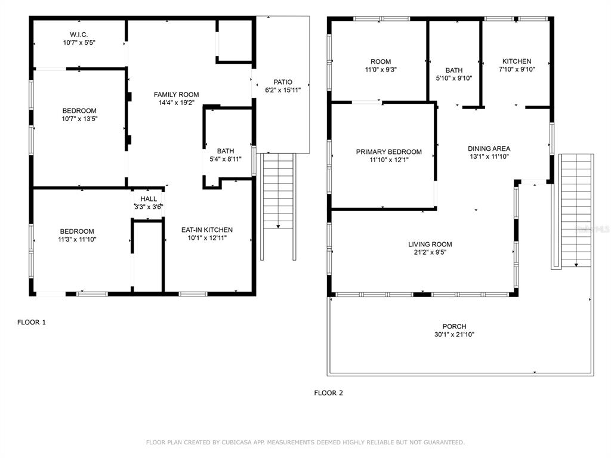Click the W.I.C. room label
79,35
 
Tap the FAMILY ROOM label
176,95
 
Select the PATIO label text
283,82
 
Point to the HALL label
149,199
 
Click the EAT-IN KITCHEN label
207,230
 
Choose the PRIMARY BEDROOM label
389,152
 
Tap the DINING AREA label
489,148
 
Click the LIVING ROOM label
430,245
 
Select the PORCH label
454,326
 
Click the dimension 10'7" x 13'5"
79,119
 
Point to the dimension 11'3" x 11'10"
77,240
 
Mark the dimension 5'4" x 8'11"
226,159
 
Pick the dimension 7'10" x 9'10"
517,69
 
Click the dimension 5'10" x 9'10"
454,78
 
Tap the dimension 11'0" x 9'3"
381,70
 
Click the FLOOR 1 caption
32,323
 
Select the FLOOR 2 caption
329,393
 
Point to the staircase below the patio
278,206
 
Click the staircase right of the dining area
576,211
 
